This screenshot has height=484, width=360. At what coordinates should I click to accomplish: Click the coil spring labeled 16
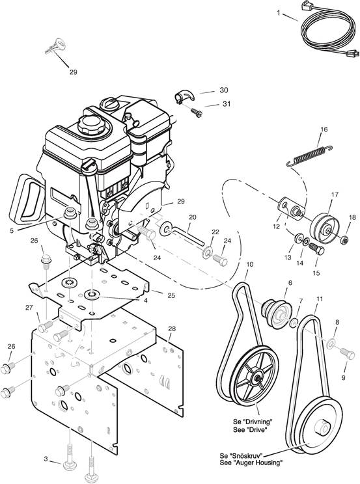[310, 155]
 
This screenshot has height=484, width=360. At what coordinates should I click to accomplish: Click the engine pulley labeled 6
[277, 310]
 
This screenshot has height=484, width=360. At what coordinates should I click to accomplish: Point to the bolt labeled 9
[347, 353]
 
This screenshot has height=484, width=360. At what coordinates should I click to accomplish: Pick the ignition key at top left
[55, 46]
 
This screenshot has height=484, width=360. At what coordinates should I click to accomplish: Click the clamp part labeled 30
[184, 97]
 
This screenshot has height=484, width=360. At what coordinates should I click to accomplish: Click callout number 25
[171, 295]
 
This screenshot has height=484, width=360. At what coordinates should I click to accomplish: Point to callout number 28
[172, 329]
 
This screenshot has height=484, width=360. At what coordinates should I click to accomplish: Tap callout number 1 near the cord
[279, 13]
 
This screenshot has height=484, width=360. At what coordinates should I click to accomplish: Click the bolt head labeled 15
[319, 250]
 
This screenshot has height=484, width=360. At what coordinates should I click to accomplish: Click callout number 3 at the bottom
[46, 459]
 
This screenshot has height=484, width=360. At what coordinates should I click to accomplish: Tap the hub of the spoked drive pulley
[256, 377]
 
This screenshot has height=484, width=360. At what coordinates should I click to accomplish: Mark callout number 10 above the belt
[250, 265]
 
